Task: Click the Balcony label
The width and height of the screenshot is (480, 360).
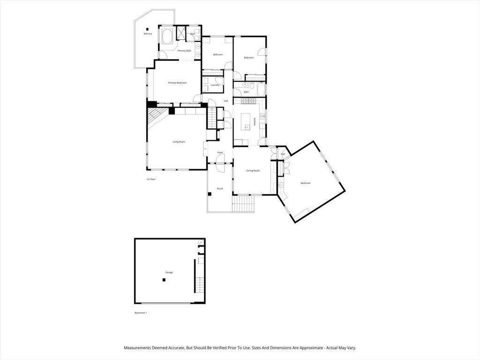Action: pos(148,34)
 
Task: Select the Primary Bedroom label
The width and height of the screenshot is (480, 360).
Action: pos(177,83)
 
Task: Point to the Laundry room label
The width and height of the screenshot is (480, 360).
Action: pos(215,85)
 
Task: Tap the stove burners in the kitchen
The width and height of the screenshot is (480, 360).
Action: pos(247,101)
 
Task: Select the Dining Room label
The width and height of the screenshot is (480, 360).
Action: pos(253,171)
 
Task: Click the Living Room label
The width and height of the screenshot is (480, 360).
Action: pos(179,142)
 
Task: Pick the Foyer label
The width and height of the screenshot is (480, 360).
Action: pos(220,152)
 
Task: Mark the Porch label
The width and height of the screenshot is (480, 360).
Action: pos(219,188)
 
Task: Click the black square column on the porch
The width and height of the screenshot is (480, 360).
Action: pos(210,194)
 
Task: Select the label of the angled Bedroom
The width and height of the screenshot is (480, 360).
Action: pos(305,183)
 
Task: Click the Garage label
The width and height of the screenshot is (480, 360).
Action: pos(169,272)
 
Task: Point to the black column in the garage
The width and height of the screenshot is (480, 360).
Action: pos(164,280)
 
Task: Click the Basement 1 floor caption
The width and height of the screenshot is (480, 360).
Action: pos(141,313)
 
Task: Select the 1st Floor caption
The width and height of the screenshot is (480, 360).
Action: pos(150,180)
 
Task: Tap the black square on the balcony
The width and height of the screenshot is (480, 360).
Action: pos(147,29)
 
